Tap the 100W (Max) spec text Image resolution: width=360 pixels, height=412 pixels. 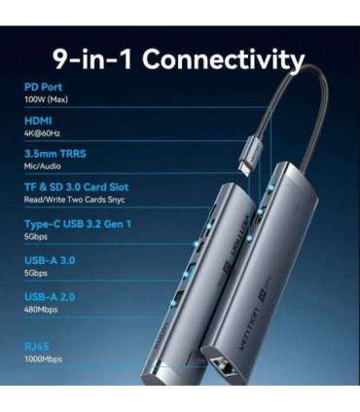pyautogui.click(x=47, y=99)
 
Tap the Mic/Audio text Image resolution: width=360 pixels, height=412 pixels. pyautogui.click(x=43, y=167)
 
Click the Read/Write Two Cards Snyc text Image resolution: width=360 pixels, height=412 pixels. pyautogui.click(x=74, y=199)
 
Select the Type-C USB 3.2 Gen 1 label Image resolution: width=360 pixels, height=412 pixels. pyautogui.click(x=77, y=223)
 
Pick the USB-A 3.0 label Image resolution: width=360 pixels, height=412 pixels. pyautogui.click(x=52, y=260)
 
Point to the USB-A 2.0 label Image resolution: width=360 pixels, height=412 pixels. pyautogui.click(x=52, y=296)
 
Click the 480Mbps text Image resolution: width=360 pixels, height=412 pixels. pyautogui.click(x=43, y=310)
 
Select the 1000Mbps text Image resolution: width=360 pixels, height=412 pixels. pyautogui.click(x=45, y=357)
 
